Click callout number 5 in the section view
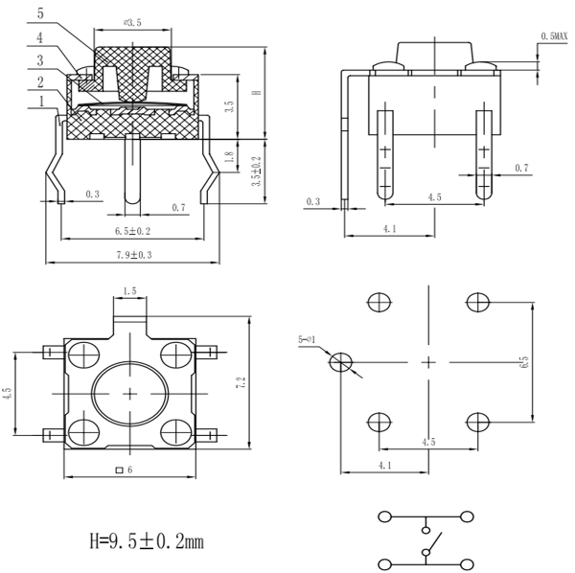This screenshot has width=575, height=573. (39, 14)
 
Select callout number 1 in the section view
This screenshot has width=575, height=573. (39, 101)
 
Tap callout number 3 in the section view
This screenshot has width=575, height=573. (39, 59)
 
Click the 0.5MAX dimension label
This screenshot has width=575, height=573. (555, 35)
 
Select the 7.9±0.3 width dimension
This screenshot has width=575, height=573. (133, 254)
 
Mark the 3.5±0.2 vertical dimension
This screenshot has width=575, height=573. (255, 170)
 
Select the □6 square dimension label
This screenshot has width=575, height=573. (124, 470)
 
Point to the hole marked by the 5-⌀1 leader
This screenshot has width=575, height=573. (340, 362)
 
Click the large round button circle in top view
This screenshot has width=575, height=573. (129, 394)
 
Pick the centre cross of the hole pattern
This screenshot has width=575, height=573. (427, 361)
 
